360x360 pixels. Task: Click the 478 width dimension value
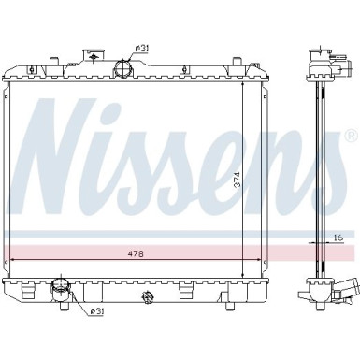coord(136,253)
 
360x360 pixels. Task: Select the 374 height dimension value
coord(238,180)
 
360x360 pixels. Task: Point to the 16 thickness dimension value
coord(338,238)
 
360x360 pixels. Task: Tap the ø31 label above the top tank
coord(141,49)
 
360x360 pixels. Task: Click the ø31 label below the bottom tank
coord(97,311)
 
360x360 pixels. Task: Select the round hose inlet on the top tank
coord(123,68)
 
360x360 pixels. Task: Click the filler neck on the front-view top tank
coord(94,56)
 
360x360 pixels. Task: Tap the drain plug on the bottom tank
coord(146,296)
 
